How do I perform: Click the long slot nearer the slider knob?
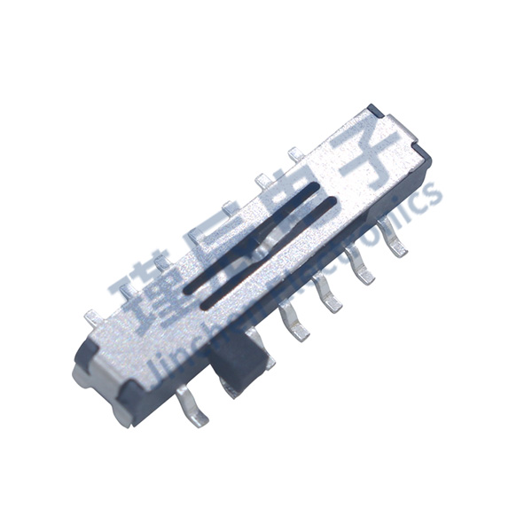266,257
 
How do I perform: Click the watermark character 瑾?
146,293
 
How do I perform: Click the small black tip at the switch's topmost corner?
374,110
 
